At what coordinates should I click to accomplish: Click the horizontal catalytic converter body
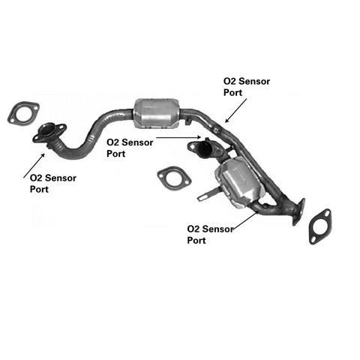tap(157, 114)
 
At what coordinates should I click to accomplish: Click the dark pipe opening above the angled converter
tap(205, 149)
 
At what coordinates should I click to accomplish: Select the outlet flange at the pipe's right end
tap(298, 211)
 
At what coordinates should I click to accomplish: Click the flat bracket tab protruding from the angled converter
tap(207, 194)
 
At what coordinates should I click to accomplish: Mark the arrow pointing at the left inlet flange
tap(34, 166)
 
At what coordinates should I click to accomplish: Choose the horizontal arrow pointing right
tap(178, 137)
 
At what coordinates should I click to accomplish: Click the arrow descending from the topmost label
tap(235, 110)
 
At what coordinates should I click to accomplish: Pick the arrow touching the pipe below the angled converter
tap(245, 220)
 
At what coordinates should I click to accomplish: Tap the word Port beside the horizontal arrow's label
tap(116, 154)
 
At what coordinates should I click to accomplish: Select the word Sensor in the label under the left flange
tap(61, 178)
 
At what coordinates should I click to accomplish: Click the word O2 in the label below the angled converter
tap(193, 229)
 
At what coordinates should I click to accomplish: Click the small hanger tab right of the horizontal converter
tap(188, 122)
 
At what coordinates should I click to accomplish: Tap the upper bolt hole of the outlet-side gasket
tap(326, 214)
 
